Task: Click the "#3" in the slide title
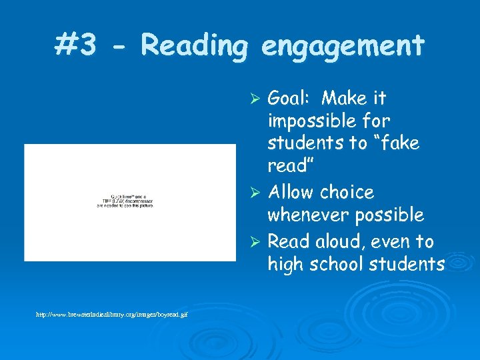tap(77, 46)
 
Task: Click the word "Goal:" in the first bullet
tap(289, 99)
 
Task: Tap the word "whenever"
tap(307, 215)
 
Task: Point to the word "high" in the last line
tap(285, 265)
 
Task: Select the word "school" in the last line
tap(333, 264)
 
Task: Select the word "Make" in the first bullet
tap(343, 99)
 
